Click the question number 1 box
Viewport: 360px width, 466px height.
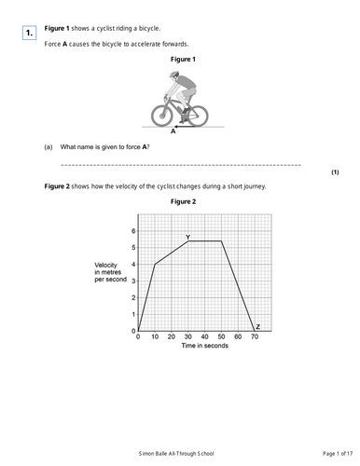point(30,34)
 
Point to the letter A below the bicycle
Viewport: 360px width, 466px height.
point(173,132)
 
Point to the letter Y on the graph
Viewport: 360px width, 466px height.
point(187,237)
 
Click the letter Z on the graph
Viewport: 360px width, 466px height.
point(258,326)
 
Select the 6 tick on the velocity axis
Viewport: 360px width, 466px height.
point(133,230)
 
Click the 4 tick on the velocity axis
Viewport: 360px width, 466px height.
point(133,264)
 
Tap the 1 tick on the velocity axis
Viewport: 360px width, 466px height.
point(133,314)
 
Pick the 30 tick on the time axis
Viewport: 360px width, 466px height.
point(188,336)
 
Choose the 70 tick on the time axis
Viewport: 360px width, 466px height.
point(255,336)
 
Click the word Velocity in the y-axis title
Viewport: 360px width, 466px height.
point(108,267)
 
